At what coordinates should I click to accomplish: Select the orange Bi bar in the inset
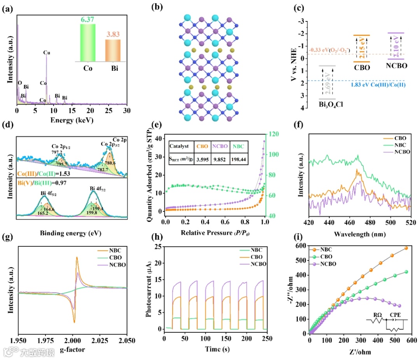pyautogui.click(x=113, y=51)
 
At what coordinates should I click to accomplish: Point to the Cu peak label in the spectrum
pyautogui.click(x=47, y=51)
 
